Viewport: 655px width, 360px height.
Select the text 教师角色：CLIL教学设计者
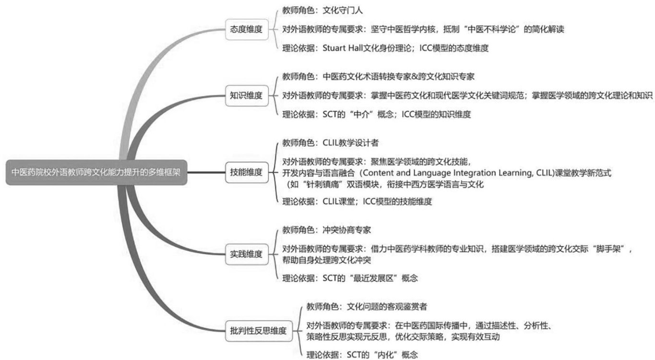331,143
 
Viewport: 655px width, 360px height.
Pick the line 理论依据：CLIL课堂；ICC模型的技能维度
357,202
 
